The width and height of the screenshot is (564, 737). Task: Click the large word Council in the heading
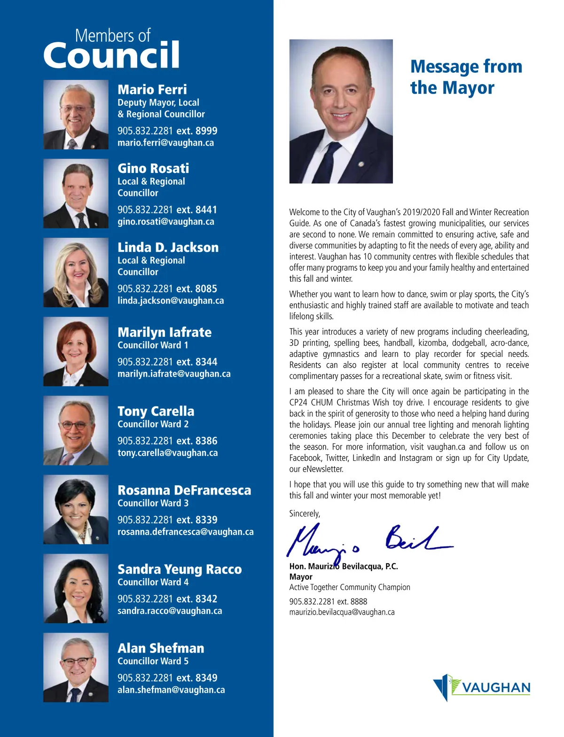tap(111, 55)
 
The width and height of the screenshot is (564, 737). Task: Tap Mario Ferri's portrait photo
tap(76, 115)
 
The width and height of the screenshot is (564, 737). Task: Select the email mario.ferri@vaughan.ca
tap(165, 143)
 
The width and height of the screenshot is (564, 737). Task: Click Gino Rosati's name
tap(153, 168)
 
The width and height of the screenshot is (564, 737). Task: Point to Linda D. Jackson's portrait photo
tap(76, 272)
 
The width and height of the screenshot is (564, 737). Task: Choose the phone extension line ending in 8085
tap(167, 288)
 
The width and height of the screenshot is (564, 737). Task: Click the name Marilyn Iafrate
tap(164, 332)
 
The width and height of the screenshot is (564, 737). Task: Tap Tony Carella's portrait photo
tap(76, 430)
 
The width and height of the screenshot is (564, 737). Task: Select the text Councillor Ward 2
tap(153, 424)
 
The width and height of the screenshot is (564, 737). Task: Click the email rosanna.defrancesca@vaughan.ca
tap(185, 532)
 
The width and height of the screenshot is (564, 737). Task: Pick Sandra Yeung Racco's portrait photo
tap(76, 588)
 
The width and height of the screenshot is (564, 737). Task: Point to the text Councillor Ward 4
tap(153, 582)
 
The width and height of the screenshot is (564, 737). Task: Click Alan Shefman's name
tap(161, 648)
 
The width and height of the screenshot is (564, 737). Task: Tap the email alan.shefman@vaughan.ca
tap(171, 690)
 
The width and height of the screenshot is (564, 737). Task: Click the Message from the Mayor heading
tap(465, 77)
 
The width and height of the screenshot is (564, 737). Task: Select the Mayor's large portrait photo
tap(341, 111)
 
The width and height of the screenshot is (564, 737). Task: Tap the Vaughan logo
tap(481, 688)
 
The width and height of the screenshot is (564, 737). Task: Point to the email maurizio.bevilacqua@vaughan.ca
tap(342, 612)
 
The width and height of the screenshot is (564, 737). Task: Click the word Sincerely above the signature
tap(305, 513)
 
